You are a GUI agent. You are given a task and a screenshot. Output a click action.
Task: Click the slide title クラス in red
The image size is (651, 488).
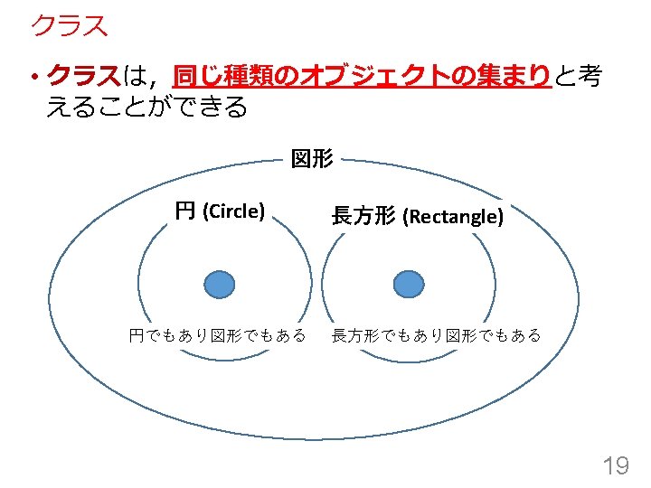tap(70, 25)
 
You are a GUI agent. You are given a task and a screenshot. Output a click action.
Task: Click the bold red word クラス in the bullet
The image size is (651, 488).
tap(84, 76)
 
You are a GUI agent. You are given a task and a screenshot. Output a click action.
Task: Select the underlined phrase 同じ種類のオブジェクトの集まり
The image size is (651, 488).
tap(362, 76)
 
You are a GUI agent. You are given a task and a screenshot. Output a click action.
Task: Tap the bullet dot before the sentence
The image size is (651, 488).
tap(35, 76)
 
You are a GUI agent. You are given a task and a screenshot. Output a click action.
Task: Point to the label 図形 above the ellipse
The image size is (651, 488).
tap(312, 159)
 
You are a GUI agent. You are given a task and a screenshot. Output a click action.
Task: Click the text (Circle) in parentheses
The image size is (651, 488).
tap(234, 211)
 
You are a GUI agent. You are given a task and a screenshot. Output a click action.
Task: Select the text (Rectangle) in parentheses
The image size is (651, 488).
tap(453, 216)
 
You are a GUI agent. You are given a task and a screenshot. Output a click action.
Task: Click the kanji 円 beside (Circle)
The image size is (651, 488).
tap(185, 211)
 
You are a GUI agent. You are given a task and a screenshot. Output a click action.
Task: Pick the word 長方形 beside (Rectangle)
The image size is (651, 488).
tap(363, 215)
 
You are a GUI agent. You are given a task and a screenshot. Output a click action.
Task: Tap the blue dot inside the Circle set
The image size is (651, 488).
tap(220, 285)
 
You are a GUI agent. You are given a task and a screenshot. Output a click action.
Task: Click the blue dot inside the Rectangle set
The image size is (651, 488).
tap(409, 285)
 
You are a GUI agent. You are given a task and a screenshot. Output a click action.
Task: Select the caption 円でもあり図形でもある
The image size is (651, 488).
tap(217, 335)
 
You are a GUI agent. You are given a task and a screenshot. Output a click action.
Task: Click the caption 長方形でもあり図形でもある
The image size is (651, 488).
tap(437, 335)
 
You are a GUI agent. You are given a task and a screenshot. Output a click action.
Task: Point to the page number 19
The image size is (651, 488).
tap(616, 465)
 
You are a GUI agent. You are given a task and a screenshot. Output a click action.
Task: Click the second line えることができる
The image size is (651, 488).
tap(147, 107)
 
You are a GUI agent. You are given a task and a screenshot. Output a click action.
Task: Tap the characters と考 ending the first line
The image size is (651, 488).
tap(578, 76)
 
